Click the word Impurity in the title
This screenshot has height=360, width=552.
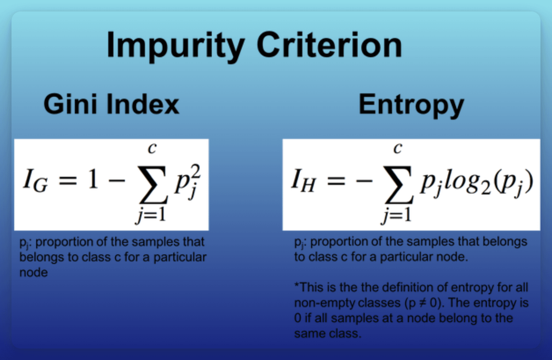(x=176, y=46)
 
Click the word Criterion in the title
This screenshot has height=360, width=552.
(x=329, y=45)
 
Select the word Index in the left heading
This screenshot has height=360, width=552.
(x=143, y=105)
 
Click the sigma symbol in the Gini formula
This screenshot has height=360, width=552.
(x=153, y=185)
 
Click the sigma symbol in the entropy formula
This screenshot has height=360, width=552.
(x=398, y=185)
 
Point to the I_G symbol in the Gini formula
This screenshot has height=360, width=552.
(x=35, y=181)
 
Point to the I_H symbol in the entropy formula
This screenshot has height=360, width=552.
(x=303, y=181)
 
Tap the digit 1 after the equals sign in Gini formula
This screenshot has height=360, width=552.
(x=93, y=179)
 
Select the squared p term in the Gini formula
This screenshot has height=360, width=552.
(x=188, y=182)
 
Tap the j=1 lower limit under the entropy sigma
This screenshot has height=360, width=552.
(x=396, y=215)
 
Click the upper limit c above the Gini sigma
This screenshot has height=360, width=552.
(x=152, y=148)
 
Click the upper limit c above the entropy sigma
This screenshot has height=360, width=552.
(x=398, y=148)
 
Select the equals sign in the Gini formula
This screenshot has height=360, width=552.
(x=68, y=181)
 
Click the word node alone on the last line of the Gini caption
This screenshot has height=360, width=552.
(x=34, y=273)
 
